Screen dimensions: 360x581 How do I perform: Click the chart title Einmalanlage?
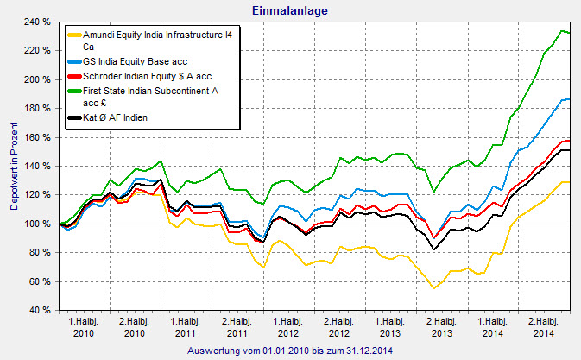pos(290,10)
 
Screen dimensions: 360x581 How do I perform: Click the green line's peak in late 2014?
pos(561,31)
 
